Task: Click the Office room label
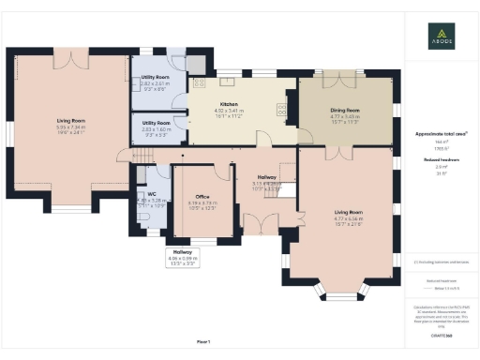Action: [x=202, y=196]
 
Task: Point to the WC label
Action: [x=151, y=195]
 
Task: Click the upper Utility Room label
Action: [x=157, y=77]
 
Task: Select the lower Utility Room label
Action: [x=157, y=123]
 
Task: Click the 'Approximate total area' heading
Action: [x=441, y=135]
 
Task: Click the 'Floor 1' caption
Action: [x=203, y=340]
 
